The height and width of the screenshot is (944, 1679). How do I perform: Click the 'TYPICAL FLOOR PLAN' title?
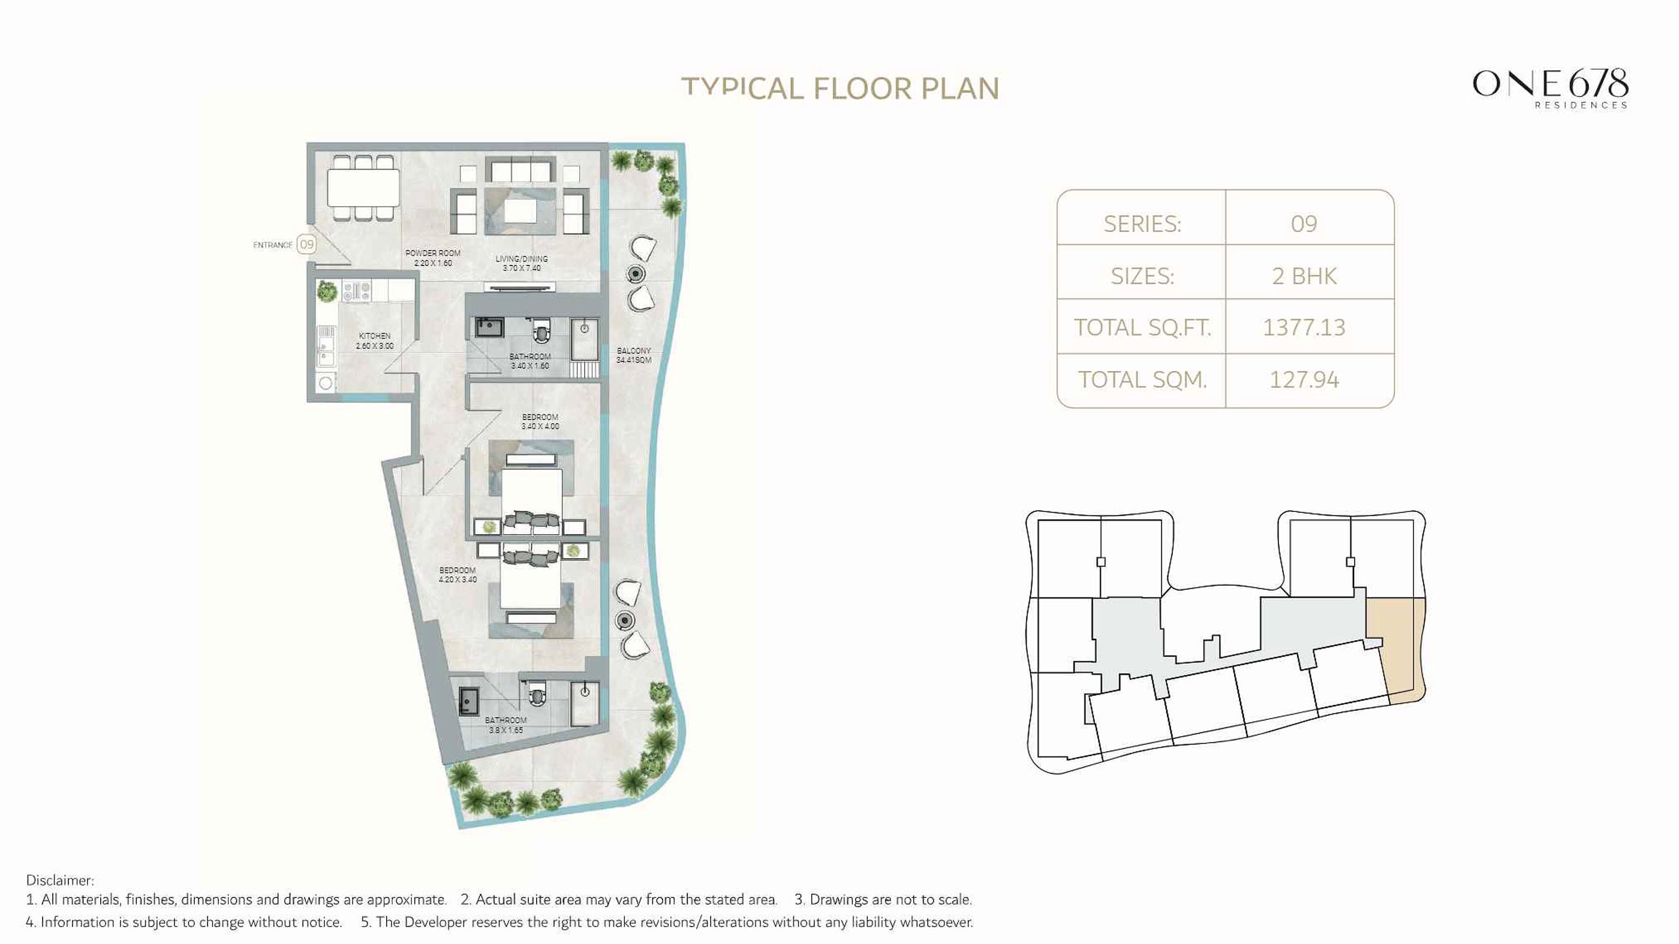(840, 89)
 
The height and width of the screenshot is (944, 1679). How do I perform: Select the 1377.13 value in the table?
(1304, 327)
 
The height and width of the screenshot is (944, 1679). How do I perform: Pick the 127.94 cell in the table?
(1304, 380)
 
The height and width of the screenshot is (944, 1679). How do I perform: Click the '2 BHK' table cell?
(1304, 276)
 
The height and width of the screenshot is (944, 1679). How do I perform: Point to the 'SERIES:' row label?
(1142, 224)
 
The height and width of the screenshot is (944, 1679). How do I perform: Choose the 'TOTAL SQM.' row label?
(1142, 380)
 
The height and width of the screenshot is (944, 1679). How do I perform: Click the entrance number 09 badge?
(306, 245)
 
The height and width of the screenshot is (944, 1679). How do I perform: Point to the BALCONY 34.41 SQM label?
(634, 355)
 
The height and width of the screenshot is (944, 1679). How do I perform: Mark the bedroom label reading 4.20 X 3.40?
(458, 575)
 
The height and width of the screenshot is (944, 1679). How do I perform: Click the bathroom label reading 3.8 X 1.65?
(505, 725)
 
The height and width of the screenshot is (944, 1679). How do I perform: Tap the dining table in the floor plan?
(363, 188)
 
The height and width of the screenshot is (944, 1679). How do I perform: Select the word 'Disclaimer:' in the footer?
(60, 880)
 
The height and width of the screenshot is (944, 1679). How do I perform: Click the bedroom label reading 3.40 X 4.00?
(540, 421)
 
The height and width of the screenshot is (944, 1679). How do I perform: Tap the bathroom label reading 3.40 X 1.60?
(530, 361)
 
